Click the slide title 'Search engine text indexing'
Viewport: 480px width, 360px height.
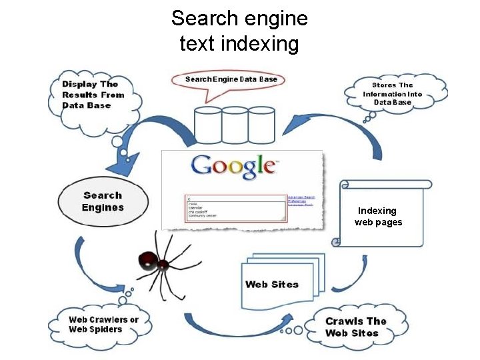[239, 31]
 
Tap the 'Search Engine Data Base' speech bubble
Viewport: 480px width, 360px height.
[231, 81]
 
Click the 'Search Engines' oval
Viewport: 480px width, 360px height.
[103, 201]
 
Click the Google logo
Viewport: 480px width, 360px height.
[233, 167]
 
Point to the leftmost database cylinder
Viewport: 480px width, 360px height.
[207, 127]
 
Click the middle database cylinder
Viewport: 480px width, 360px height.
[234, 127]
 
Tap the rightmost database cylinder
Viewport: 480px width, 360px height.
[261, 127]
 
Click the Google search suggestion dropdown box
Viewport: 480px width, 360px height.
[236, 207]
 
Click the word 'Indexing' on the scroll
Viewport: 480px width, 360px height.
[378, 211]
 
